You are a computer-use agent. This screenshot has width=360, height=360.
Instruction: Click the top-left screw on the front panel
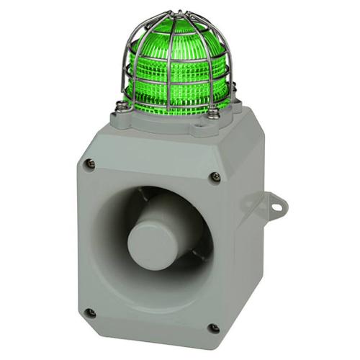89,163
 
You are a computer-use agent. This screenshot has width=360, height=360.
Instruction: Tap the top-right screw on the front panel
215,177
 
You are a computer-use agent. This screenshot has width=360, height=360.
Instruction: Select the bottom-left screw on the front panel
90,313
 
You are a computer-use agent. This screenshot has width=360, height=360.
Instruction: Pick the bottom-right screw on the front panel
214,328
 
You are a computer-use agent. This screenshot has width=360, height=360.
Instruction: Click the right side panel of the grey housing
248,238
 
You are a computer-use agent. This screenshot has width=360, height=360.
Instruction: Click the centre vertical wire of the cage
171,72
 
